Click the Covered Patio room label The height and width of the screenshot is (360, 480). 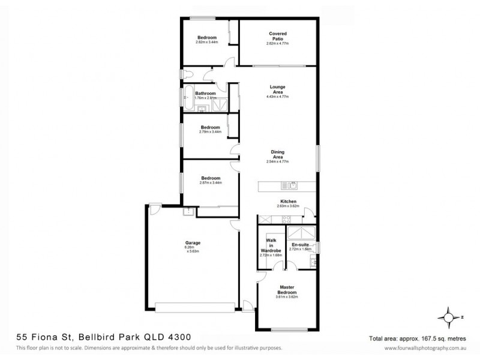click(x=276, y=36)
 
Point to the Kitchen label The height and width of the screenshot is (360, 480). click(x=288, y=202)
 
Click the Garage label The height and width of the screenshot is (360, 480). click(x=193, y=242)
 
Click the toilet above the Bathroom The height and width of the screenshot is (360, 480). click(x=187, y=74)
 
